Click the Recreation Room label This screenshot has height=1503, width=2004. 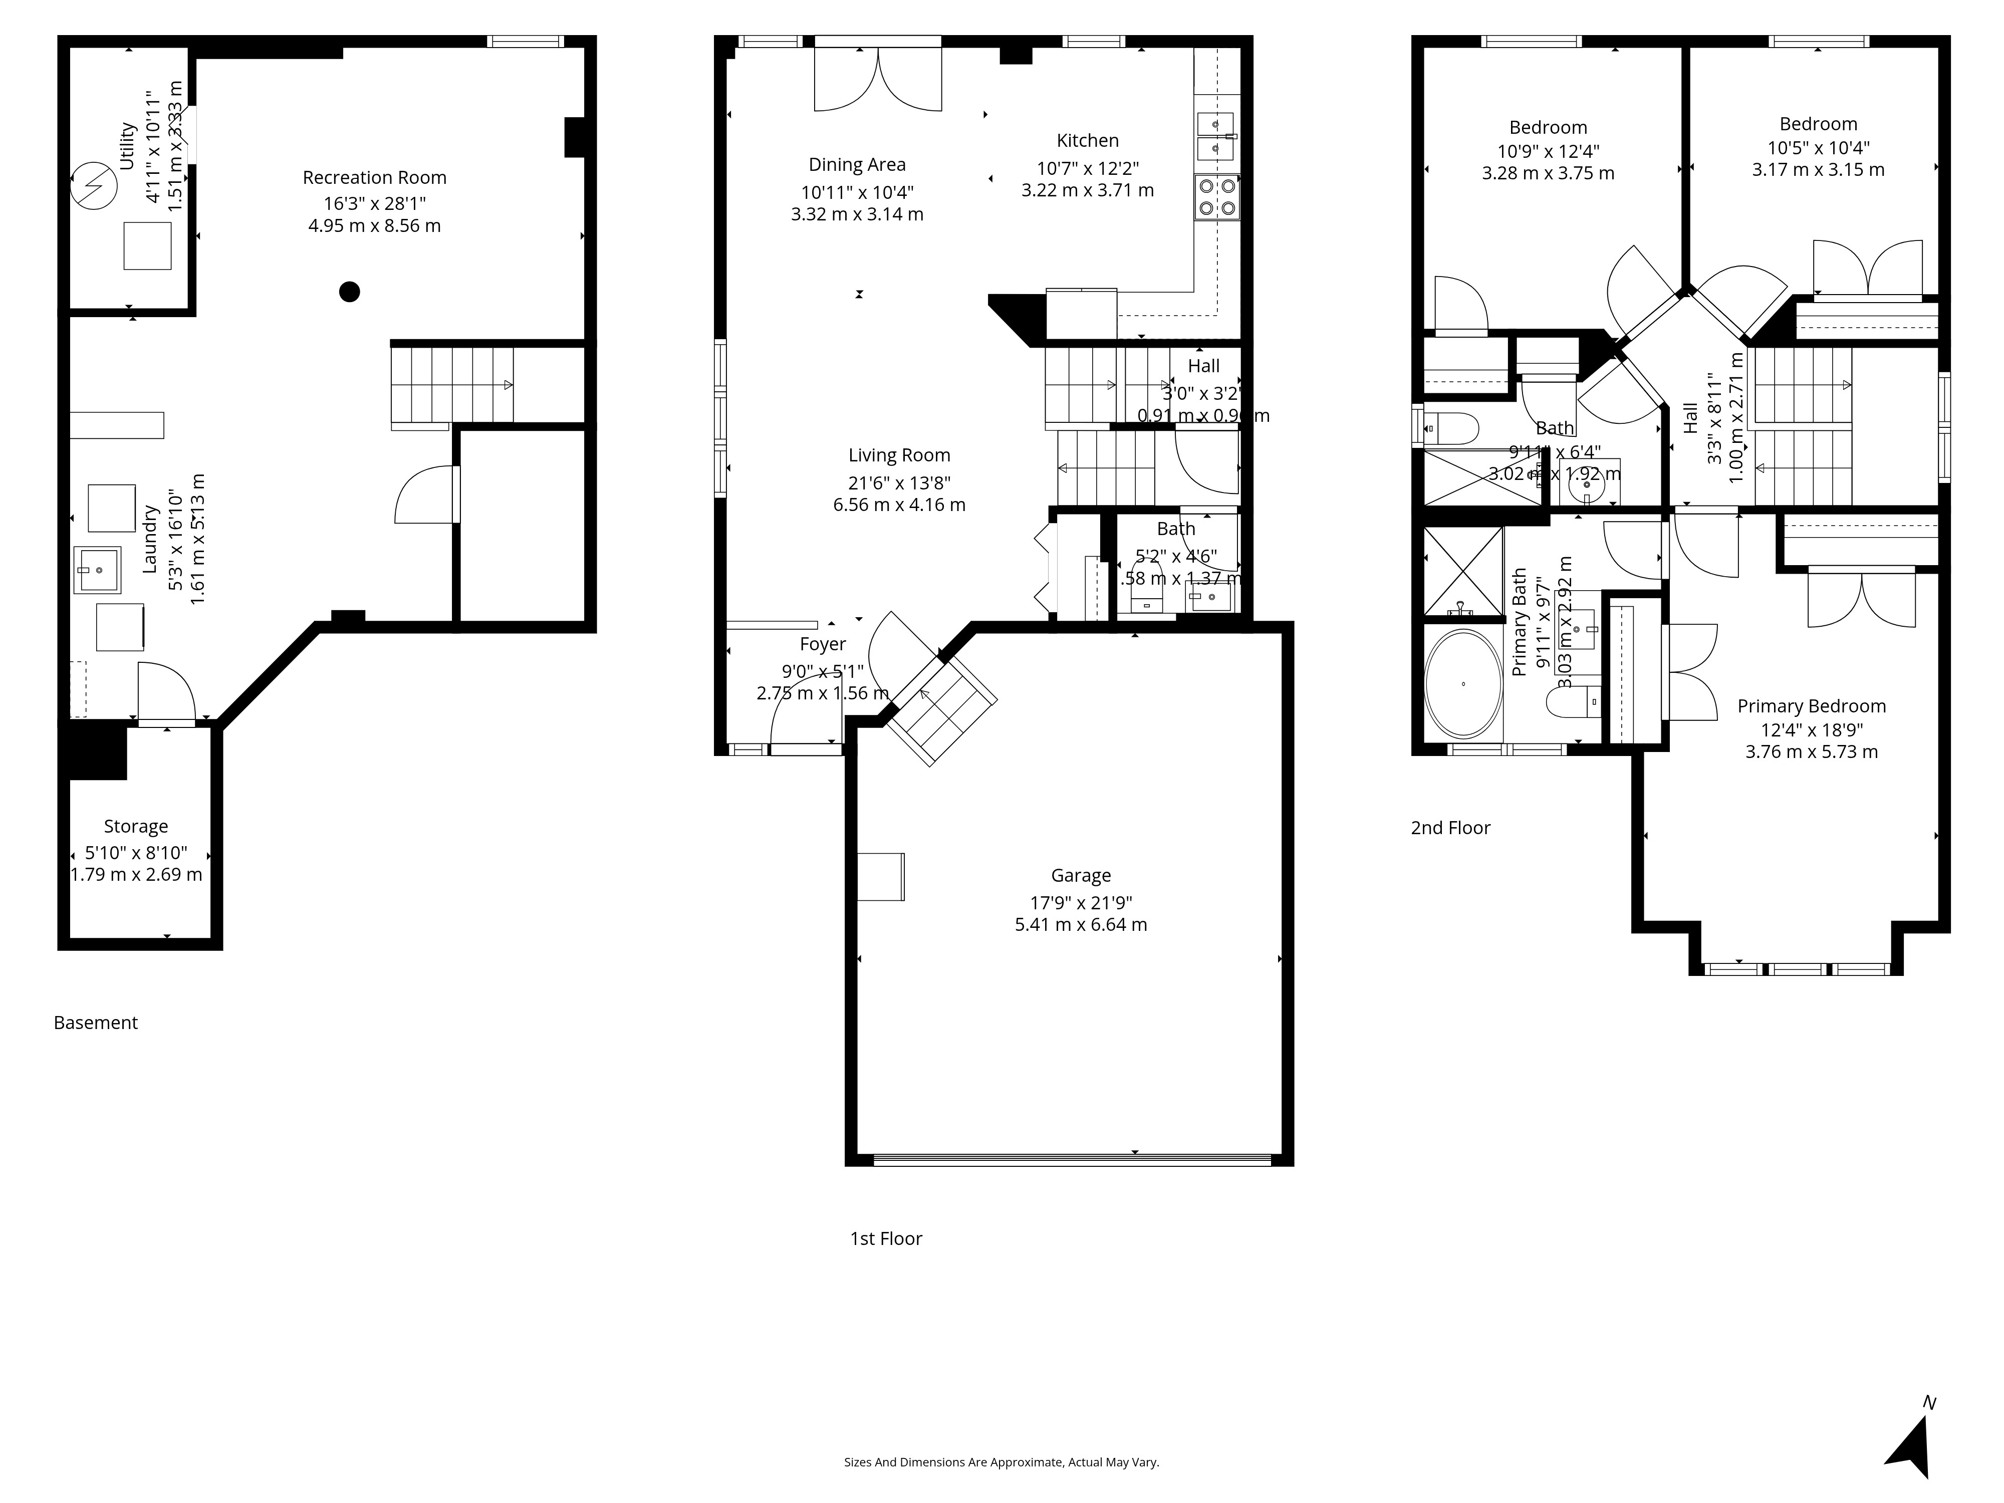(374, 177)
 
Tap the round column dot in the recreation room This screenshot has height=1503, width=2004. (350, 292)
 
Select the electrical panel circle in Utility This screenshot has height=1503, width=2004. (94, 186)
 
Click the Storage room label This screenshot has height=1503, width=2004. (136, 826)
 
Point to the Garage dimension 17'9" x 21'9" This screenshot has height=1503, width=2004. (1081, 902)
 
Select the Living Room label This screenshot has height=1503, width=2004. (899, 456)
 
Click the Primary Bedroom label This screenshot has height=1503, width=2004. (1811, 706)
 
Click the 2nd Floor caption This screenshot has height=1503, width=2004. (1449, 828)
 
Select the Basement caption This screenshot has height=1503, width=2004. (95, 1023)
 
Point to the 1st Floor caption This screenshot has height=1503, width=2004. (885, 1238)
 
